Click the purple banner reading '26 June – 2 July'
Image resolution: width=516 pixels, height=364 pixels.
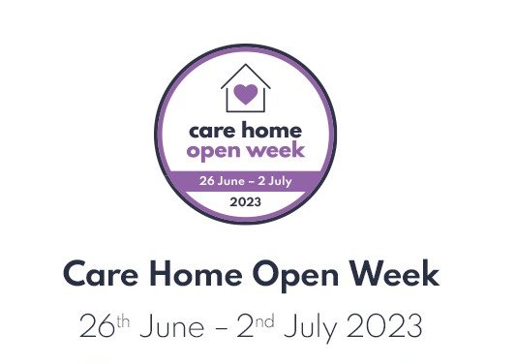pyautogui.click(x=245, y=180)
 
